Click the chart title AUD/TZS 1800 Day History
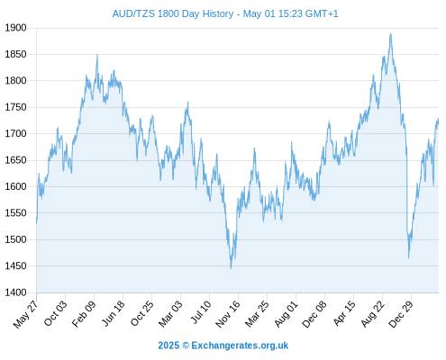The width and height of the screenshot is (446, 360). click(173, 13)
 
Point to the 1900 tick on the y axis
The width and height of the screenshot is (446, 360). click(15, 28)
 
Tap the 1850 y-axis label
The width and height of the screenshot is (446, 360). click(15, 54)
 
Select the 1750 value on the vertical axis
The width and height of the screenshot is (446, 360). click(15, 107)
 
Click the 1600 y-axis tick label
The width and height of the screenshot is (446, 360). click(15, 186)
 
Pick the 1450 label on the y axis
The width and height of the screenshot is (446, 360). click(15, 265)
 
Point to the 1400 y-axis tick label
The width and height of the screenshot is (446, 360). click(15, 292)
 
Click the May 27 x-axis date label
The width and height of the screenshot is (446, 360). click(26, 314)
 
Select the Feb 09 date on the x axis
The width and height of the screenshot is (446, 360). click(84, 313)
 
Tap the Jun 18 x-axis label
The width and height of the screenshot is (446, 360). click(113, 313)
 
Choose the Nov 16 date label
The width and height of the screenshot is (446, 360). click(228, 313)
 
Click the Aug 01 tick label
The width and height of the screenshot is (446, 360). click(287, 313)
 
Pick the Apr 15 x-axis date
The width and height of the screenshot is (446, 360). click(344, 313)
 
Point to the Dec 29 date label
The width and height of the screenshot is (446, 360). click(401, 314)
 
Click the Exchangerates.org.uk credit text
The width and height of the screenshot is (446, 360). click(240, 346)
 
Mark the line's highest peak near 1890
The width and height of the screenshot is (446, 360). click(391, 33)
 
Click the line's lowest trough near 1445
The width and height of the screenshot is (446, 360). click(231, 268)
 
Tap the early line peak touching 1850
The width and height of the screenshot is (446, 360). click(97, 55)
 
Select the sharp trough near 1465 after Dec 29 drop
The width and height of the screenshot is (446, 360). click(409, 257)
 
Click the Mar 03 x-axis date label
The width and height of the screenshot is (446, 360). click(170, 314)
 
